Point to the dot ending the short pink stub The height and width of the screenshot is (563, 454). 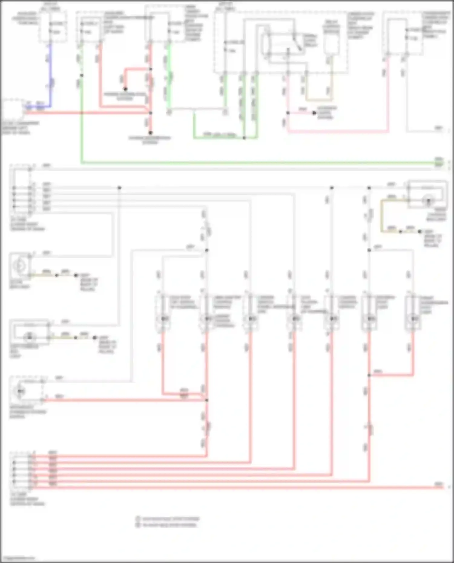click(x=314, y=113)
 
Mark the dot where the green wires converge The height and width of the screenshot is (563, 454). click(x=244, y=138)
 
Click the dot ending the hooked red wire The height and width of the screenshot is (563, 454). click(x=125, y=89)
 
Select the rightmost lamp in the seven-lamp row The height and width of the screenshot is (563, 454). click(x=413, y=319)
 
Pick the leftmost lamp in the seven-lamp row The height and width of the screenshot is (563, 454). click(x=163, y=319)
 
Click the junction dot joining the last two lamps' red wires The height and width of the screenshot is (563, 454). click(x=369, y=375)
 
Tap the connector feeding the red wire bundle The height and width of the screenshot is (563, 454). click(x=21, y=470)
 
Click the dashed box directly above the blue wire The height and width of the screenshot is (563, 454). click(x=53, y=27)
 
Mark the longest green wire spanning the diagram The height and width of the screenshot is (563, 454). click(x=257, y=163)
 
